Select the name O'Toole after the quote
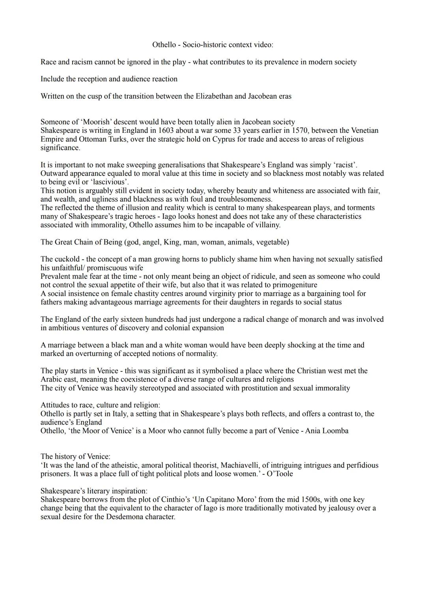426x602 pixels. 280,474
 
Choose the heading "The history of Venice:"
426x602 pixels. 75,457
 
